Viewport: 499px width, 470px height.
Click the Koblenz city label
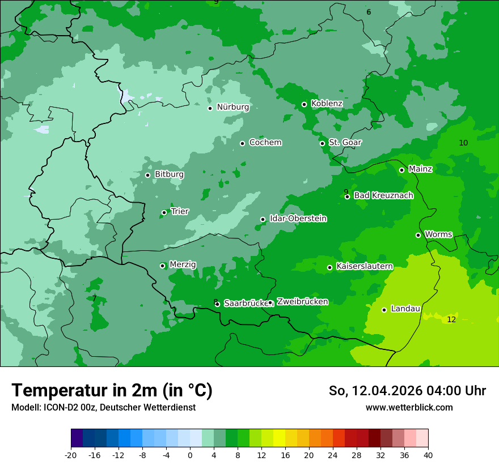pyautogui.click(x=327, y=104)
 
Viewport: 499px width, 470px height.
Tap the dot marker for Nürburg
pyautogui.click(x=210, y=108)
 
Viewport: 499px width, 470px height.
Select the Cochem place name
pyautogui.click(x=265, y=143)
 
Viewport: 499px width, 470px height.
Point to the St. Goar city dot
pyautogui.click(x=322, y=143)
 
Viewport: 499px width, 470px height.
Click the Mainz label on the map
pyautogui.click(x=420, y=169)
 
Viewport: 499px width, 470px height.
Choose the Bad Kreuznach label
pyautogui.click(x=383, y=196)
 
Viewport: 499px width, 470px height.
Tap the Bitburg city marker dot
pyautogui.click(x=147, y=175)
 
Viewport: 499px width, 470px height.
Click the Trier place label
pyautogui.click(x=180, y=212)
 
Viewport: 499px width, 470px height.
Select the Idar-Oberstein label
pyautogui.click(x=298, y=219)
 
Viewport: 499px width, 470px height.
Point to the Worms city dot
pyautogui.click(x=418, y=235)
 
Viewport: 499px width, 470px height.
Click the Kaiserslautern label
pyautogui.click(x=364, y=266)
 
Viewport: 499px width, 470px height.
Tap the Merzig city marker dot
pyautogui.click(x=162, y=266)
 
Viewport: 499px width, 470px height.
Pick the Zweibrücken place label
pyautogui.click(x=302, y=302)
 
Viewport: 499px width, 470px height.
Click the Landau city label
pyautogui.click(x=405, y=309)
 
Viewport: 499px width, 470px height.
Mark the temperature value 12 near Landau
pyautogui.click(x=451, y=320)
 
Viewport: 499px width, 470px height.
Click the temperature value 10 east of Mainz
pyautogui.click(x=463, y=143)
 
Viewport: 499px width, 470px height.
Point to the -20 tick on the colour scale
pyautogui.click(x=71, y=455)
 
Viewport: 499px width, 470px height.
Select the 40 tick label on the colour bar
pyautogui.click(x=428, y=455)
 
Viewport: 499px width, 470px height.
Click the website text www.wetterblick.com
pyautogui.click(x=409, y=408)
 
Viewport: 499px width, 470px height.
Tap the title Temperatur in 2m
pyautogui.click(x=112, y=391)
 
